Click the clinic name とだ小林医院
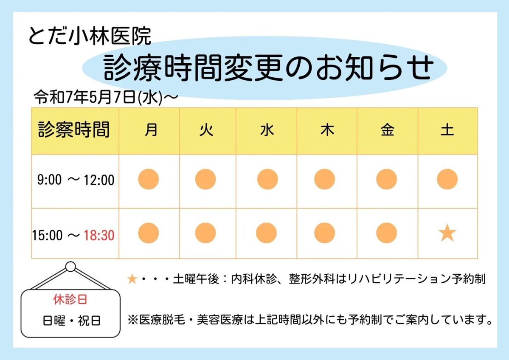tap(90, 36)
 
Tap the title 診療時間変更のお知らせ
tap(269, 68)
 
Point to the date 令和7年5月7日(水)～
tap(106, 97)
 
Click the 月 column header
tap(151, 130)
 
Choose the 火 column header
tap(206, 130)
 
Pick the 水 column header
tap(267, 130)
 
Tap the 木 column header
tap(327, 130)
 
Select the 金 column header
tap(387, 130)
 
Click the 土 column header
tap(447, 130)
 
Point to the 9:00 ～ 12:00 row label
tap(76, 180)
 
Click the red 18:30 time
tap(99, 235)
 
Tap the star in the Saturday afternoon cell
tap(447, 233)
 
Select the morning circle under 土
tap(447, 179)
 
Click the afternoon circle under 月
tap(148, 233)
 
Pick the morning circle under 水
tap(267, 179)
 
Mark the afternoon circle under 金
tap(387, 233)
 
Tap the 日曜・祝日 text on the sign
tap(71, 321)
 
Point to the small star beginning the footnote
tap(132, 279)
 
